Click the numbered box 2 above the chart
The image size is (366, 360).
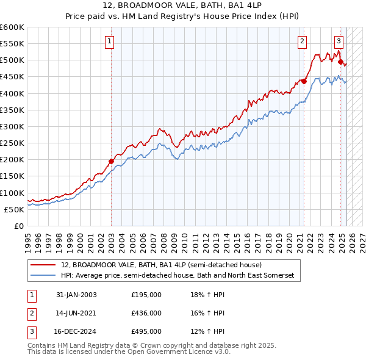302,41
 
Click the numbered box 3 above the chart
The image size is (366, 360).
339,41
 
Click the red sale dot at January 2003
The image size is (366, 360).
112,161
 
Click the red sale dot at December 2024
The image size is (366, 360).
340,61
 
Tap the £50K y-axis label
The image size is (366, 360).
15,209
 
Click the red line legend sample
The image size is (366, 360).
44,265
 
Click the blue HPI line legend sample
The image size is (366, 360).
44,276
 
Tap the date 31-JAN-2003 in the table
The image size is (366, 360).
76,295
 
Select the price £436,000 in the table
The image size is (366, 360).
146,313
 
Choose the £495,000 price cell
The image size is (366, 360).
146,331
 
